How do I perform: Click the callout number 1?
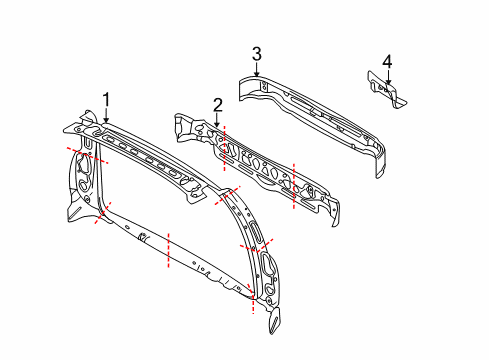coord(106,100)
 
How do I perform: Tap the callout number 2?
coord(218,105)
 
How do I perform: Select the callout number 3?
coord(256,54)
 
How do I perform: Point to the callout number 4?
coord(387,62)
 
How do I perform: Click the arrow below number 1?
coord(106,116)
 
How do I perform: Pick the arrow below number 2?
coord(217,120)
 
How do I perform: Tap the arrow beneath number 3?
coord(256,69)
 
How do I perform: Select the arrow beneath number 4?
coord(387,77)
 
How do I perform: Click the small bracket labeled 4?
coord(387,90)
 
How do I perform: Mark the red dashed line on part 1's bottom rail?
coord(168,250)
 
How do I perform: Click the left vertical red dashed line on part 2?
coord(225,148)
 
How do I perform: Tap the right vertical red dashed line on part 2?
coord(294,186)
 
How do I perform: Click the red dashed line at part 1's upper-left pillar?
coord(87,155)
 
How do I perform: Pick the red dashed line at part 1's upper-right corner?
coord(228,196)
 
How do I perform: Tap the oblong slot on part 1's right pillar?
coord(256,231)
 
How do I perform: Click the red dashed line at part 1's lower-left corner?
coord(103,213)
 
